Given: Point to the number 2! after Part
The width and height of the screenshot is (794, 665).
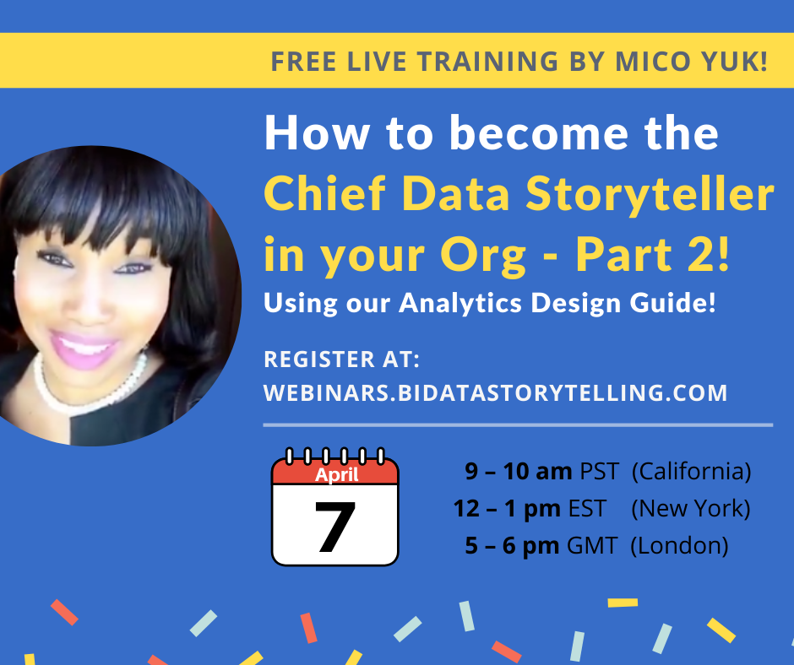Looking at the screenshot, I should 710,255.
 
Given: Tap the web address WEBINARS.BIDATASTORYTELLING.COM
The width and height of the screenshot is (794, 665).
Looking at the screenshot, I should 495,392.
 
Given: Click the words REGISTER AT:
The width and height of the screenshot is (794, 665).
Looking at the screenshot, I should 342,360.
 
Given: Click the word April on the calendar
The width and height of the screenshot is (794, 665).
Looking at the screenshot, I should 336,474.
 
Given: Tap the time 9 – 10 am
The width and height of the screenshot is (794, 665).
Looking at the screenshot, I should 518,472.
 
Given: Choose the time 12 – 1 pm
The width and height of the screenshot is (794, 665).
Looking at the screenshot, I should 506,509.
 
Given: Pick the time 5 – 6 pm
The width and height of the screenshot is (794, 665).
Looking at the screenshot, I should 512,545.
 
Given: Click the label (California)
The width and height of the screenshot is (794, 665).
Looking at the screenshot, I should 691,472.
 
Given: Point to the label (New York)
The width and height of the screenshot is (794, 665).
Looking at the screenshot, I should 691,509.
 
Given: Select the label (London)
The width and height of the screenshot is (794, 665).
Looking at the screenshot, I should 679,545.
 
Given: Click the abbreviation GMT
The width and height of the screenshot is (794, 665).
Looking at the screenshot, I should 592,545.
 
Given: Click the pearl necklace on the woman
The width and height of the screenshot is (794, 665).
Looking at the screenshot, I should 84,391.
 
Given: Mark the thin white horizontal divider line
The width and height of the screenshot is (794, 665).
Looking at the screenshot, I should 517,424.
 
